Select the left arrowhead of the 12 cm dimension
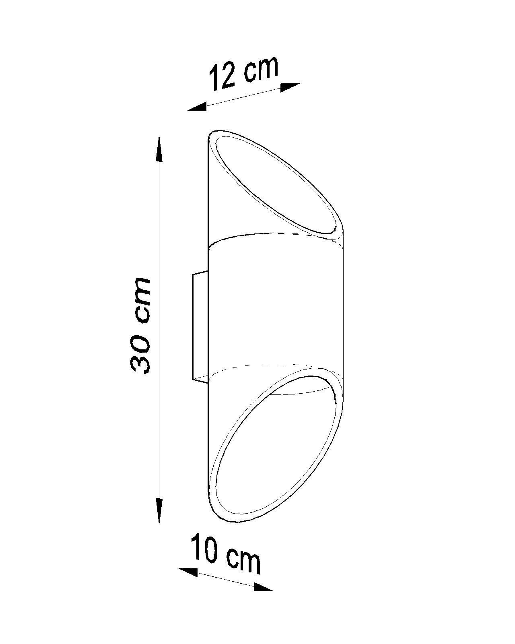[197, 107]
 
